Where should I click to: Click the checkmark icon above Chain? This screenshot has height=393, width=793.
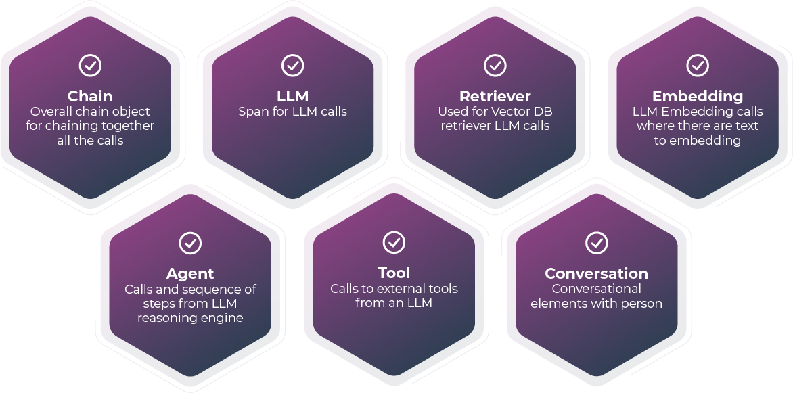coord(91,65)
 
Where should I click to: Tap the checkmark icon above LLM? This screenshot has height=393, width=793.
coord(292,65)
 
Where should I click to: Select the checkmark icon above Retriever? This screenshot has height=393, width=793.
coord(495,65)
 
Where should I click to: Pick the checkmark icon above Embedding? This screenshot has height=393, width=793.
coord(698,65)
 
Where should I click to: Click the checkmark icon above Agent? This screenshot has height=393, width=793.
coord(191,243)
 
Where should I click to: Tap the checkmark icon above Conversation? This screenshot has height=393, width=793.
coord(596,243)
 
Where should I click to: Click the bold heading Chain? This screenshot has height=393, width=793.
coord(90,96)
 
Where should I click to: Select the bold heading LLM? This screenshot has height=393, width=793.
coord(293,96)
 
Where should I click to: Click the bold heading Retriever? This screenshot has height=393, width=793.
coord(495,96)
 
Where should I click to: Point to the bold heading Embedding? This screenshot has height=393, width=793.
coord(698,96)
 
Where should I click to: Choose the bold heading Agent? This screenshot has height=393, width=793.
coord(190,274)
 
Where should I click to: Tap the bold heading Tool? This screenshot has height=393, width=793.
coord(394,273)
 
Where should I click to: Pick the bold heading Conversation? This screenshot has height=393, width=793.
coord(596,274)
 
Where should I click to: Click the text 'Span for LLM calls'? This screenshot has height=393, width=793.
coord(293,112)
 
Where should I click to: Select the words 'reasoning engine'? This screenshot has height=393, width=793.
coord(190,318)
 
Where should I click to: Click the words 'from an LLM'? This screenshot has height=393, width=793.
coord(394,304)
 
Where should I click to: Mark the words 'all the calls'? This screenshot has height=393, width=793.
coord(90,141)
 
